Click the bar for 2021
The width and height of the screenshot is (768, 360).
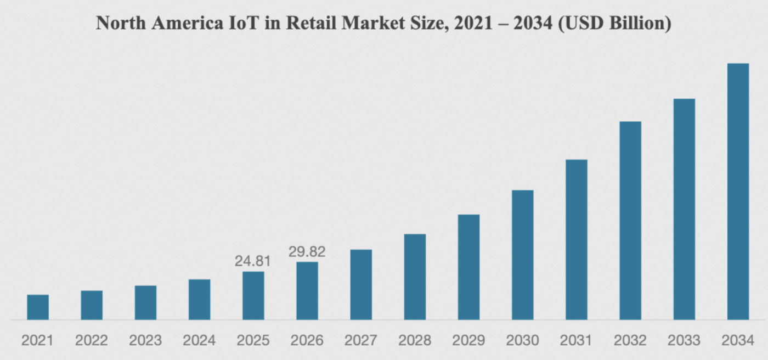pyautogui.click(x=38, y=307)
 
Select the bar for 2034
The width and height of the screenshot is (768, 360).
pyautogui.click(x=738, y=192)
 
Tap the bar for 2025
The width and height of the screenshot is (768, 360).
pyautogui.click(x=253, y=296)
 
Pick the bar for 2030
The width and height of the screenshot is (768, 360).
pyautogui.click(x=522, y=255)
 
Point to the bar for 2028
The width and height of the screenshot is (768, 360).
pyautogui.click(x=415, y=277)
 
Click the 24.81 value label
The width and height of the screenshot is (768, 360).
pyautogui.click(x=253, y=261)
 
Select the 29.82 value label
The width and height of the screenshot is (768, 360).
pyautogui.click(x=307, y=252)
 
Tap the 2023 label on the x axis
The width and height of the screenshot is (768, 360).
pyautogui.click(x=145, y=341)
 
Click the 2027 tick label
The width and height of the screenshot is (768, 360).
pyautogui.click(x=361, y=341)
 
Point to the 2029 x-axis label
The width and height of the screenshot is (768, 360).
pyautogui.click(x=468, y=341)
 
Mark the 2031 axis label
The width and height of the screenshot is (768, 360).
pyautogui.click(x=576, y=341)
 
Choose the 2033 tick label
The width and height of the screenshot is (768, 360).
pyautogui.click(x=684, y=341)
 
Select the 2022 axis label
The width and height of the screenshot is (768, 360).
pyautogui.click(x=92, y=341)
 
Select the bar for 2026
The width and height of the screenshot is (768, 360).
pyautogui.click(x=307, y=291)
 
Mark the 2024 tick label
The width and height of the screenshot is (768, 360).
pyautogui.click(x=199, y=341)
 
